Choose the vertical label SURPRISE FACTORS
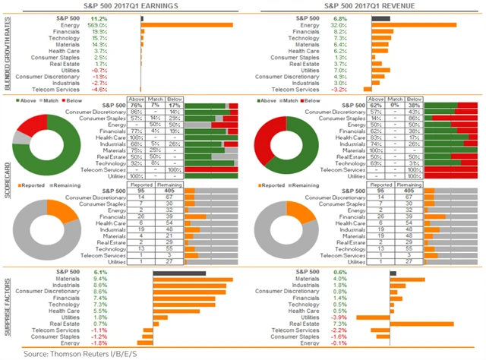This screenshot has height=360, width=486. click(7, 308)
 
